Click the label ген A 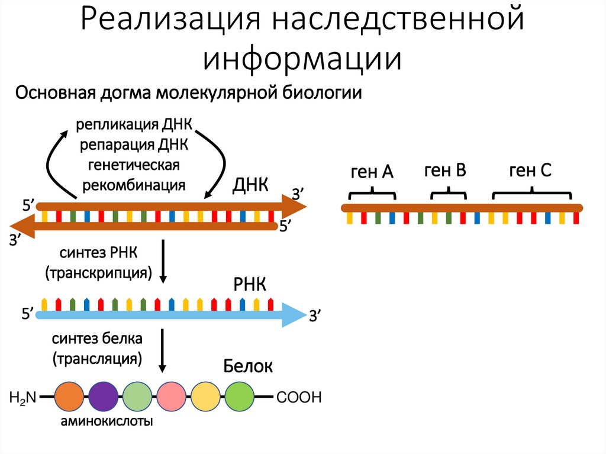(x=372, y=172)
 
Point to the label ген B (x=445, y=171)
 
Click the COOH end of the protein (x=299, y=397)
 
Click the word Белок (x=248, y=366)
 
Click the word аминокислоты (x=105, y=422)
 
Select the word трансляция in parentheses (x=97, y=358)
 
